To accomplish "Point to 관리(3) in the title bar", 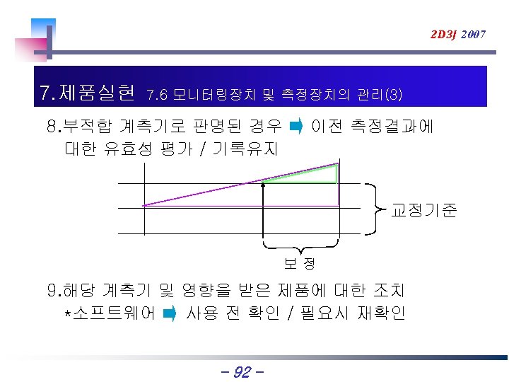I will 380,93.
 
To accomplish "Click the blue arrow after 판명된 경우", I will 296,127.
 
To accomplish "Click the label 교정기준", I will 424,210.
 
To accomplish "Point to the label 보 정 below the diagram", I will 300,264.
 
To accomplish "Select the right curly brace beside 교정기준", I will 375,208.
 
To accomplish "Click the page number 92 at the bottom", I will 242,371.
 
